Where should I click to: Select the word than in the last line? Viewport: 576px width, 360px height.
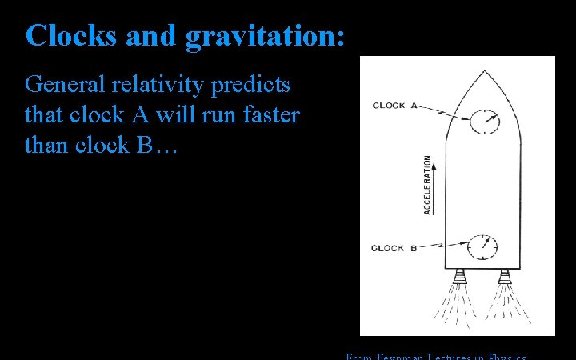pyautogui.click(x=48, y=145)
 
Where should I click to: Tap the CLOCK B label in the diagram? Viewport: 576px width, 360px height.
pyautogui.click(x=393, y=248)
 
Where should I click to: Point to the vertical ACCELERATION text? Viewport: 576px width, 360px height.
pyautogui.click(x=426, y=185)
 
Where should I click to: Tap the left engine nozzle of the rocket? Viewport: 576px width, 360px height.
pyautogui.click(x=460, y=277)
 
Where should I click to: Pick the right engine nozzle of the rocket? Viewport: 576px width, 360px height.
pyautogui.click(x=504, y=277)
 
